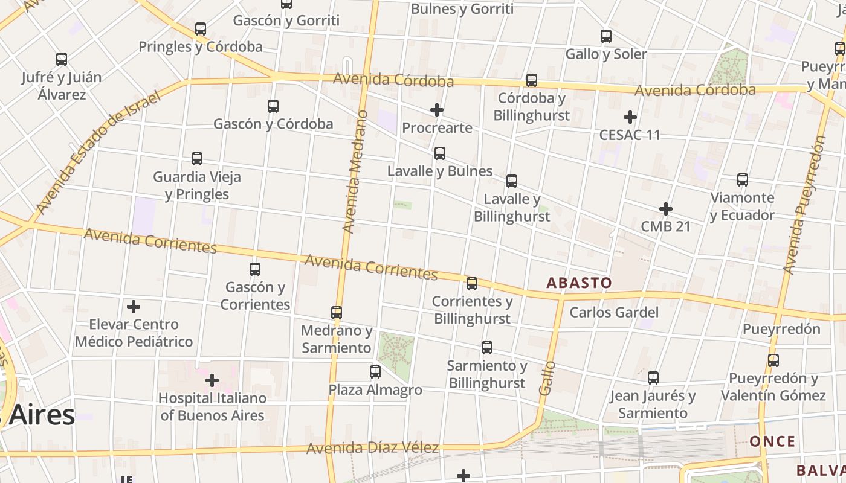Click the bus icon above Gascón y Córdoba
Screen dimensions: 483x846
[273, 106]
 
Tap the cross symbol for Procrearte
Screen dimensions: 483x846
[437, 110]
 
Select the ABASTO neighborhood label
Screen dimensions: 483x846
[579, 283]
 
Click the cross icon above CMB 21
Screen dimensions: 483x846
[666, 209]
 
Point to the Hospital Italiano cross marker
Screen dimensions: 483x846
[212, 380]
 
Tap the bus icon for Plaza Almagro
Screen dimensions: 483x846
[375, 372]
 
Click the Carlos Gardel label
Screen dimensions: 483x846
[614, 312]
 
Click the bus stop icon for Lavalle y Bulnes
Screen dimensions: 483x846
[440, 153]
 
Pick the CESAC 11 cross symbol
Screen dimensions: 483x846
[630, 117]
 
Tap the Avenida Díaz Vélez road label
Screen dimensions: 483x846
[372, 449]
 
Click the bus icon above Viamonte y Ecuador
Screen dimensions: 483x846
[743, 180]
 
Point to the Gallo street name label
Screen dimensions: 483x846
[547, 378]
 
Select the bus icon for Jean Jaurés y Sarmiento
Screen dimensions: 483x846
[653, 378]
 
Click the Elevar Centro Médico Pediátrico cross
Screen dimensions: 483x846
[134, 307]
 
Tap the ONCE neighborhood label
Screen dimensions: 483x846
[772, 441]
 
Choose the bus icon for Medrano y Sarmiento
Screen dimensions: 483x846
[337, 313]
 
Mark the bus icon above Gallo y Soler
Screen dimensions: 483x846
[606, 36]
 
